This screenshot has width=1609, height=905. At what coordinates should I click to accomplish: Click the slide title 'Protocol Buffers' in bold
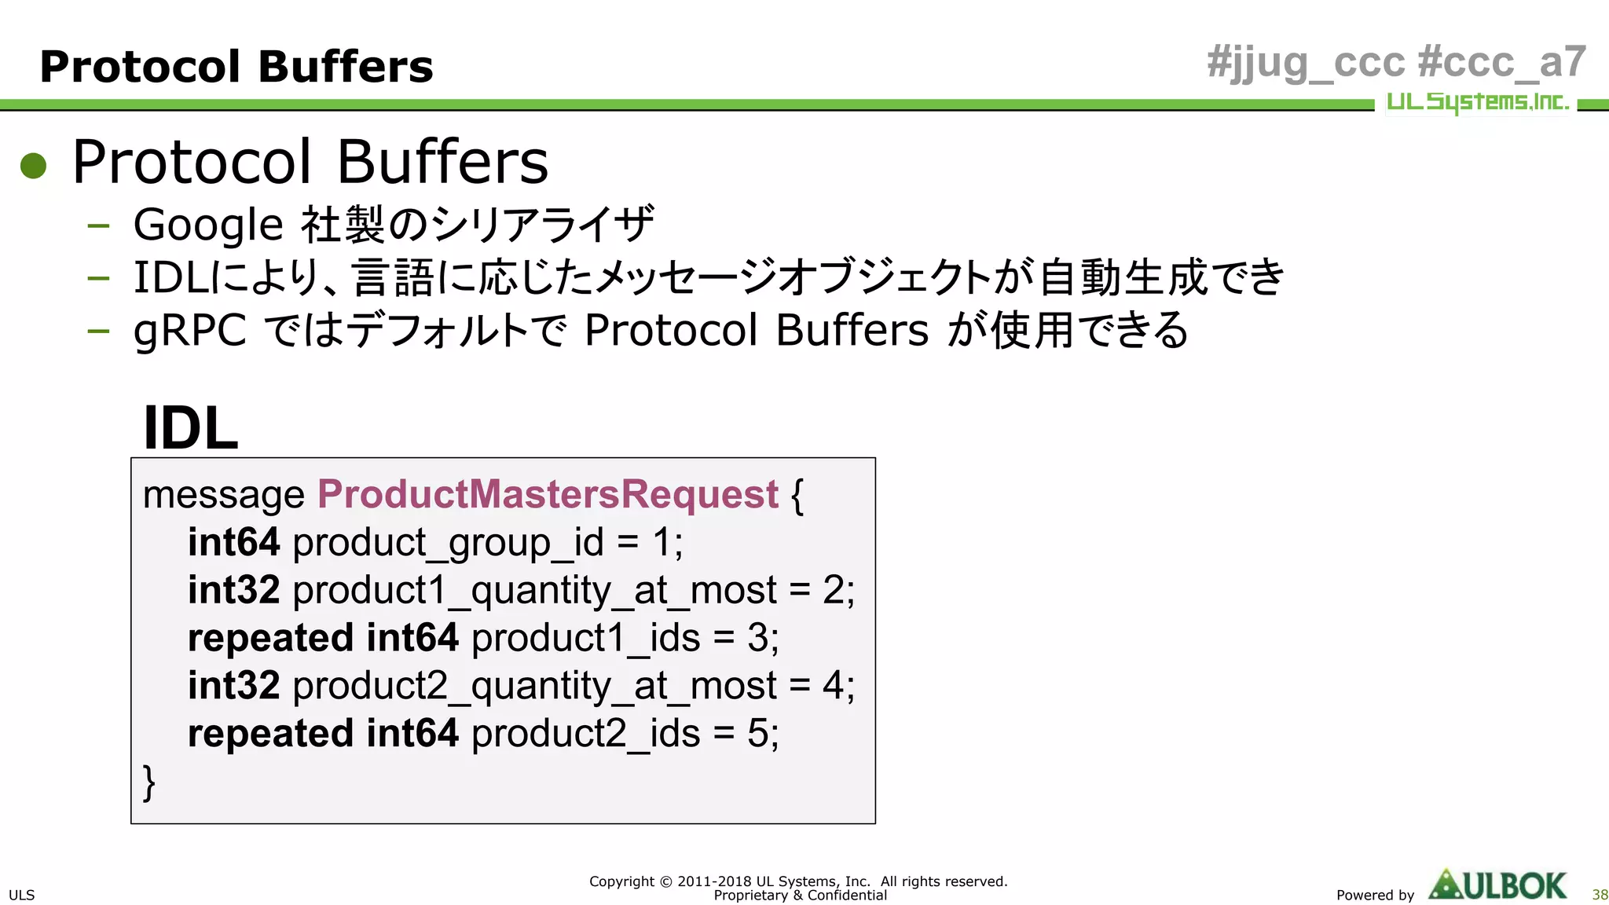click(x=236, y=66)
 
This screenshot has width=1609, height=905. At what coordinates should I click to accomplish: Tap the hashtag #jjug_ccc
click(x=1305, y=63)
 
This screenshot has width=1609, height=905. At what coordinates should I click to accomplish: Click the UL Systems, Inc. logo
click(x=1477, y=102)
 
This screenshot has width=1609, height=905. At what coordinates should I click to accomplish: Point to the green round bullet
click(x=34, y=165)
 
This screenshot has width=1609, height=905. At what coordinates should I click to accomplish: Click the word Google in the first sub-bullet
click(x=208, y=225)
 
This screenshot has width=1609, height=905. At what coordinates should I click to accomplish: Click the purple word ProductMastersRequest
click(x=548, y=495)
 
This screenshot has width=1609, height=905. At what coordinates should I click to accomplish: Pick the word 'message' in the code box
click(x=224, y=495)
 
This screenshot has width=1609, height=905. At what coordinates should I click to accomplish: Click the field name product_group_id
click(x=448, y=544)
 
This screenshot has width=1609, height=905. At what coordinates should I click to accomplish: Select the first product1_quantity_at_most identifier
click(x=534, y=591)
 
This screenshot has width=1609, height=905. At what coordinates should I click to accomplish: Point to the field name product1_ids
click(x=585, y=639)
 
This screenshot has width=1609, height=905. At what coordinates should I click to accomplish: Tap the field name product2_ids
click(x=585, y=735)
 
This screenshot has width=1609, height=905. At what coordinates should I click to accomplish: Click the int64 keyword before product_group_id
click(x=233, y=543)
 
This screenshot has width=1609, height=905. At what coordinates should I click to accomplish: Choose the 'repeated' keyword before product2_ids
click(x=270, y=735)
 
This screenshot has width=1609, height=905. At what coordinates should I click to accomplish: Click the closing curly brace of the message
click(x=149, y=782)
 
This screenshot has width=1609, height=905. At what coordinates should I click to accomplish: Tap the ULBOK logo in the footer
click(x=1497, y=885)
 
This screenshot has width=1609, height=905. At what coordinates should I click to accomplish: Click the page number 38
click(x=1600, y=895)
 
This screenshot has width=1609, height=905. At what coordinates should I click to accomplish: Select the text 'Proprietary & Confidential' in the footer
click(x=800, y=896)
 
